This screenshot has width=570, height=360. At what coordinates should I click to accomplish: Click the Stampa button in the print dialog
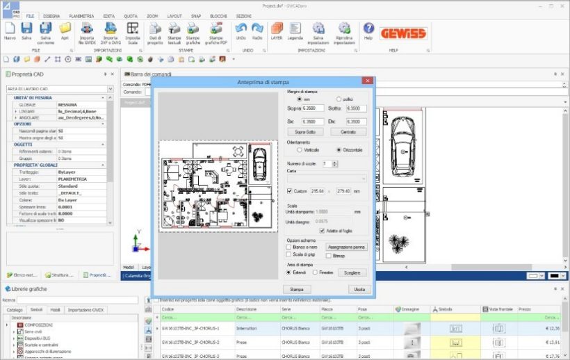point(297,288)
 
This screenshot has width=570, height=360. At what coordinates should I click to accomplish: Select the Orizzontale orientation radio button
point(339,149)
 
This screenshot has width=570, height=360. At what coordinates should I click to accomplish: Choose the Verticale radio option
point(299,149)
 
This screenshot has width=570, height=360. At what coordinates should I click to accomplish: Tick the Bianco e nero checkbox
point(289,246)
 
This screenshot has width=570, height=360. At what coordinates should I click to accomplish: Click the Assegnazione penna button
point(346,246)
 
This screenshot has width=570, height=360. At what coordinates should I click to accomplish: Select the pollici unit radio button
point(339,99)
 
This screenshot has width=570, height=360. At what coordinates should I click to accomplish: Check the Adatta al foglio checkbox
point(322,231)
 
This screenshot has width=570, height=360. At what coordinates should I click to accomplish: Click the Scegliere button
point(352,273)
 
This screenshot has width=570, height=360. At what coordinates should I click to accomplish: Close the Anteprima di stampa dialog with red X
point(367,81)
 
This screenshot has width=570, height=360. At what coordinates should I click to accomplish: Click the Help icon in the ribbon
point(368,28)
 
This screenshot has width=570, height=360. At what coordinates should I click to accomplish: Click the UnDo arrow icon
point(241,28)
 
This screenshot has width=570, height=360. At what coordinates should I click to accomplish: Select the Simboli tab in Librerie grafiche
point(36,309)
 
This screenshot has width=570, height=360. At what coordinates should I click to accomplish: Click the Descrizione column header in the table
point(247,309)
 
